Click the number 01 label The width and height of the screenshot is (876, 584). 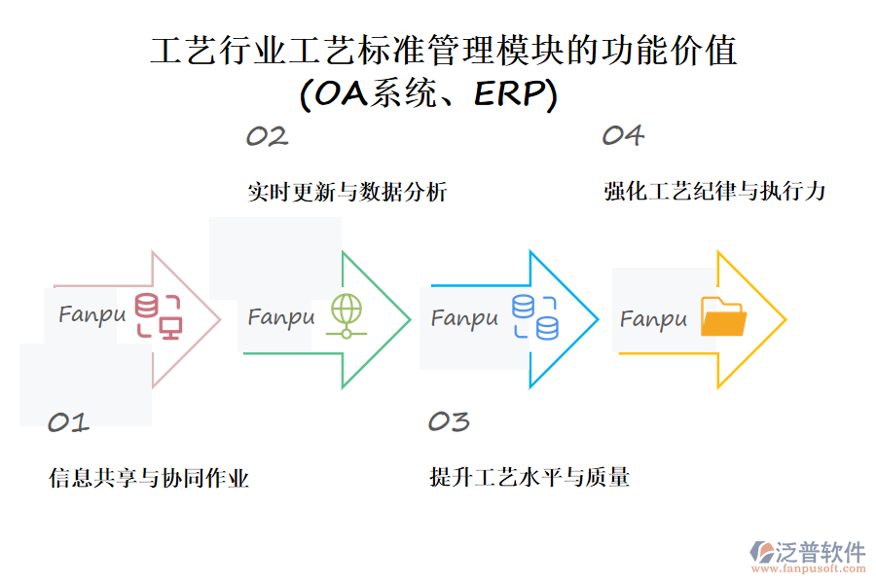click(x=68, y=422)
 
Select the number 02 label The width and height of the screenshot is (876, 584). click(x=267, y=136)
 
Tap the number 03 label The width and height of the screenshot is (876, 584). click(x=449, y=421)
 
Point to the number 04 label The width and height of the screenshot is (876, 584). click(x=623, y=135)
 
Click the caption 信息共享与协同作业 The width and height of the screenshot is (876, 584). click(x=149, y=478)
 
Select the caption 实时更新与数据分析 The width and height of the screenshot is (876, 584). click(x=347, y=192)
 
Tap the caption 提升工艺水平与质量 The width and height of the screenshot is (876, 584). click(x=529, y=477)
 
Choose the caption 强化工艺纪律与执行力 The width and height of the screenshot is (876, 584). click(x=714, y=191)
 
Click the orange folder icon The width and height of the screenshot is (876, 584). click(x=723, y=317)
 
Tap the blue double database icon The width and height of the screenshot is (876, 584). click(x=534, y=317)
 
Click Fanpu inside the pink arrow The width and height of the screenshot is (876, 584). click(x=91, y=314)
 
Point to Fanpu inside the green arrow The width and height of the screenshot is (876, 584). click(x=281, y=317)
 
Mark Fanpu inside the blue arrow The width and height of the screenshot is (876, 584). click(x=464, y=318)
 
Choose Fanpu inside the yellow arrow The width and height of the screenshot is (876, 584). click(x=653, y=319)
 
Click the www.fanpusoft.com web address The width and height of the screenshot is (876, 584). click(x=807, y=570)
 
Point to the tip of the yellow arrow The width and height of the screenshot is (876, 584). click(x=785, y=319)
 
